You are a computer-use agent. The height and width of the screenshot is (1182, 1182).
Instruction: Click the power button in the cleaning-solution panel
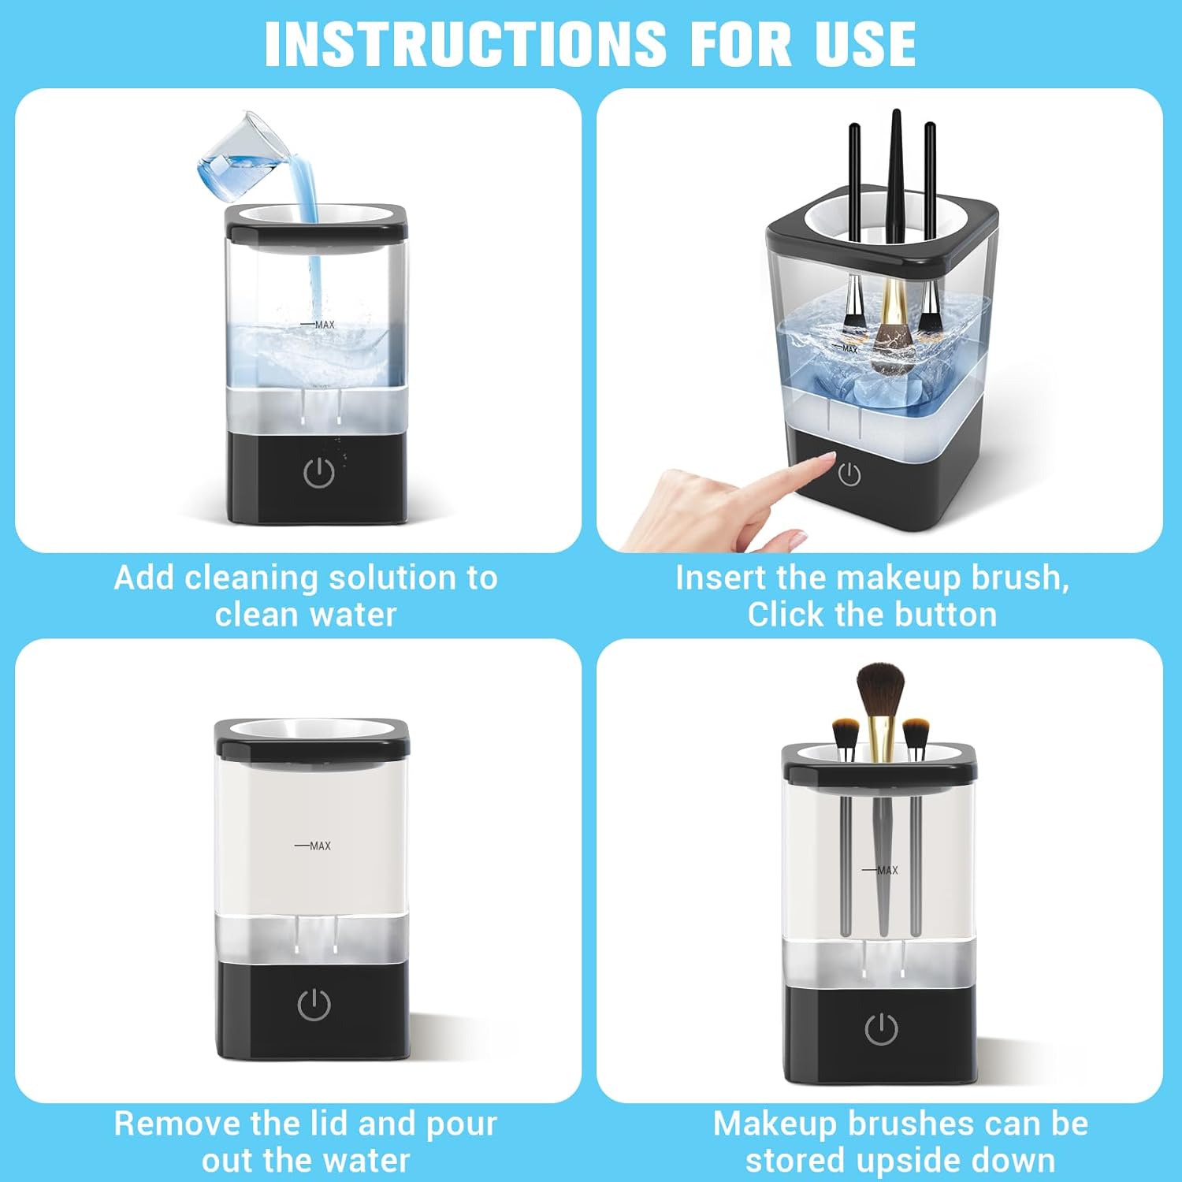[318, 472]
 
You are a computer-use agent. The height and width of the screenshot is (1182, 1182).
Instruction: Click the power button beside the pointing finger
[849, 474]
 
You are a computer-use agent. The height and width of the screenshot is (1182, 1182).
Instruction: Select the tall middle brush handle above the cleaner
[895, 173]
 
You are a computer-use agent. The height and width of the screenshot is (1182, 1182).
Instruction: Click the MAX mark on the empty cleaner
[314, 846]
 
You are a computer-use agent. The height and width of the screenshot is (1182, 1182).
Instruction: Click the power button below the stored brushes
[881, 1028]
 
